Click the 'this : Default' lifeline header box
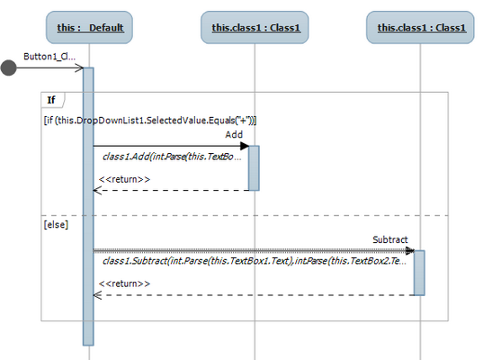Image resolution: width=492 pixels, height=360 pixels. point(89,27)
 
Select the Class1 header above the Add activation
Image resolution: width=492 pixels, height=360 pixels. point(255,27)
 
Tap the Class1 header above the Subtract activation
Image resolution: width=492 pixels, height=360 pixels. point(420,27)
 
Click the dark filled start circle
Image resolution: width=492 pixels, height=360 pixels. point(8,67)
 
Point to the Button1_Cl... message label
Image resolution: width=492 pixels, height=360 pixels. point(49,57)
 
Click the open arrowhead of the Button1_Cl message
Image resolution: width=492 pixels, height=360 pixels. point(80,67)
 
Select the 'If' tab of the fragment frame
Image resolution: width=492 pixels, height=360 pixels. point(51,100)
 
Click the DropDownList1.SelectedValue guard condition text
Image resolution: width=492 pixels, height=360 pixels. point(150,121)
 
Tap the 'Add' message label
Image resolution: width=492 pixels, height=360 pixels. point(234,135)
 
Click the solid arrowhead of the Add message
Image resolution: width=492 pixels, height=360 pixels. point(245,146)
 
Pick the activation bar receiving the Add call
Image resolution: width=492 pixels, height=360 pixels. point(254,168)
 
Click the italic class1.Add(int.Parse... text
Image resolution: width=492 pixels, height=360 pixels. point(172,157)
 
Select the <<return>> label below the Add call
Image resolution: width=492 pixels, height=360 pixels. point(124,179)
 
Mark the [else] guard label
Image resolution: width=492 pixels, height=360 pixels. point(56,225)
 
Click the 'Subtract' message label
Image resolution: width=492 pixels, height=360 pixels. point(390,239)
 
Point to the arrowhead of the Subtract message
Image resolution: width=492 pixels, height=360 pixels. point(410,250)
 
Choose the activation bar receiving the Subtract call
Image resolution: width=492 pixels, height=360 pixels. point(419,273)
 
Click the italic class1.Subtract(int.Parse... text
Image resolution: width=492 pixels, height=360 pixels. point(255,261)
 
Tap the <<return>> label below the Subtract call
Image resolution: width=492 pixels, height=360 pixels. point(124,283)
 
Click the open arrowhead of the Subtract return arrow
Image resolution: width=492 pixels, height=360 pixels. point(97,295)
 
